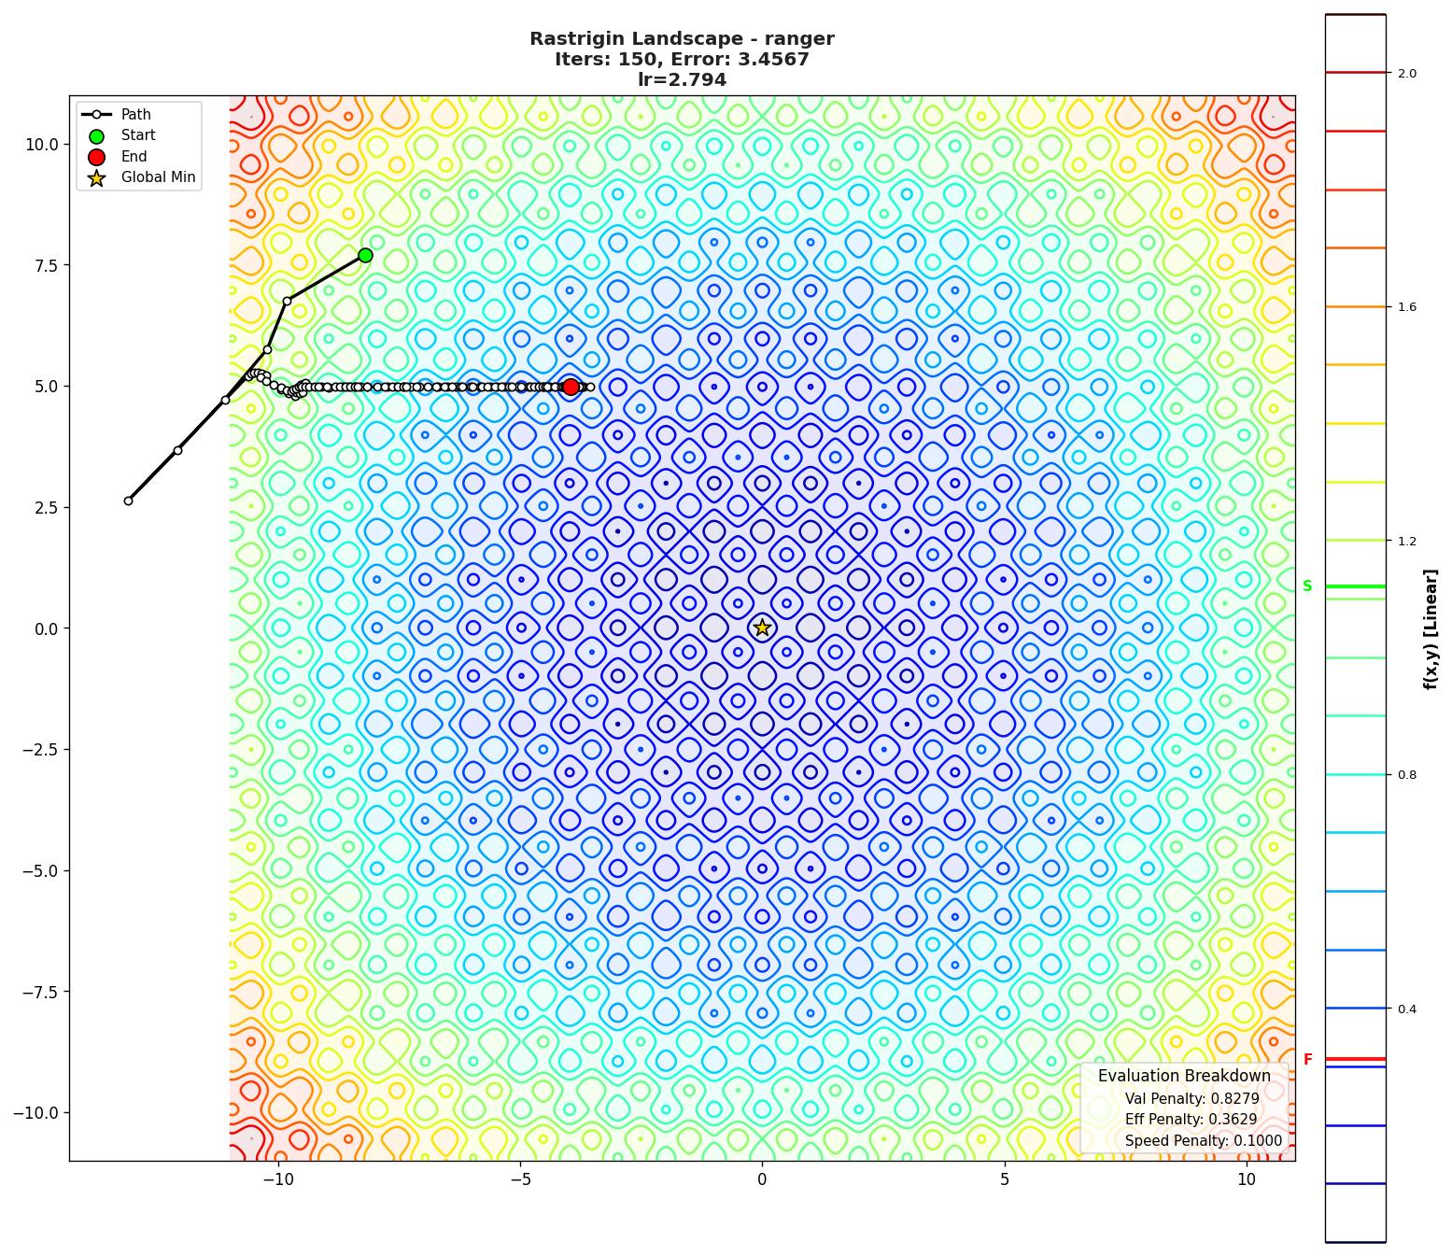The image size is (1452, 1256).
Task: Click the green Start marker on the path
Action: [365, 255]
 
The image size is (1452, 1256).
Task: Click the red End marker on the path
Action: [571, 387]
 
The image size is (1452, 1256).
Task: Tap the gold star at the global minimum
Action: [762, 628]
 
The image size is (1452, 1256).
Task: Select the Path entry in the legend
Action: [135, 115]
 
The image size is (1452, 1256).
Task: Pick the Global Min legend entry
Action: [158, 177]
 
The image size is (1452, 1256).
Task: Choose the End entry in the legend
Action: [134, 157]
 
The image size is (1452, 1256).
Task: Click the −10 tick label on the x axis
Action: [277, 1179]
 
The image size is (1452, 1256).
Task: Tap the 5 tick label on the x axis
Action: [1005, 1179]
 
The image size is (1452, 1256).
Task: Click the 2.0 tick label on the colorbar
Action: [1406, 74]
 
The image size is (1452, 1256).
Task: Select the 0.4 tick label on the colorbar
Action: [1406, 1009]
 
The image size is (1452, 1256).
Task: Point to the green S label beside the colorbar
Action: [1307, 586]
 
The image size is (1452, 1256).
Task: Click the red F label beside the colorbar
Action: [1307, 1060]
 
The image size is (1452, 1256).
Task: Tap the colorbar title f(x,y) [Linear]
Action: [1430, 628]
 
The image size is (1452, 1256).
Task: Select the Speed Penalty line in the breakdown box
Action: [1203, 1140]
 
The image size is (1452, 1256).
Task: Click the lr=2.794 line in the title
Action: [682, 80]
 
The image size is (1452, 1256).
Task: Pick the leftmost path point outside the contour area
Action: [129, 501]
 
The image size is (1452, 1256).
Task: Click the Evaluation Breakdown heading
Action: [1184, 1076]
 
